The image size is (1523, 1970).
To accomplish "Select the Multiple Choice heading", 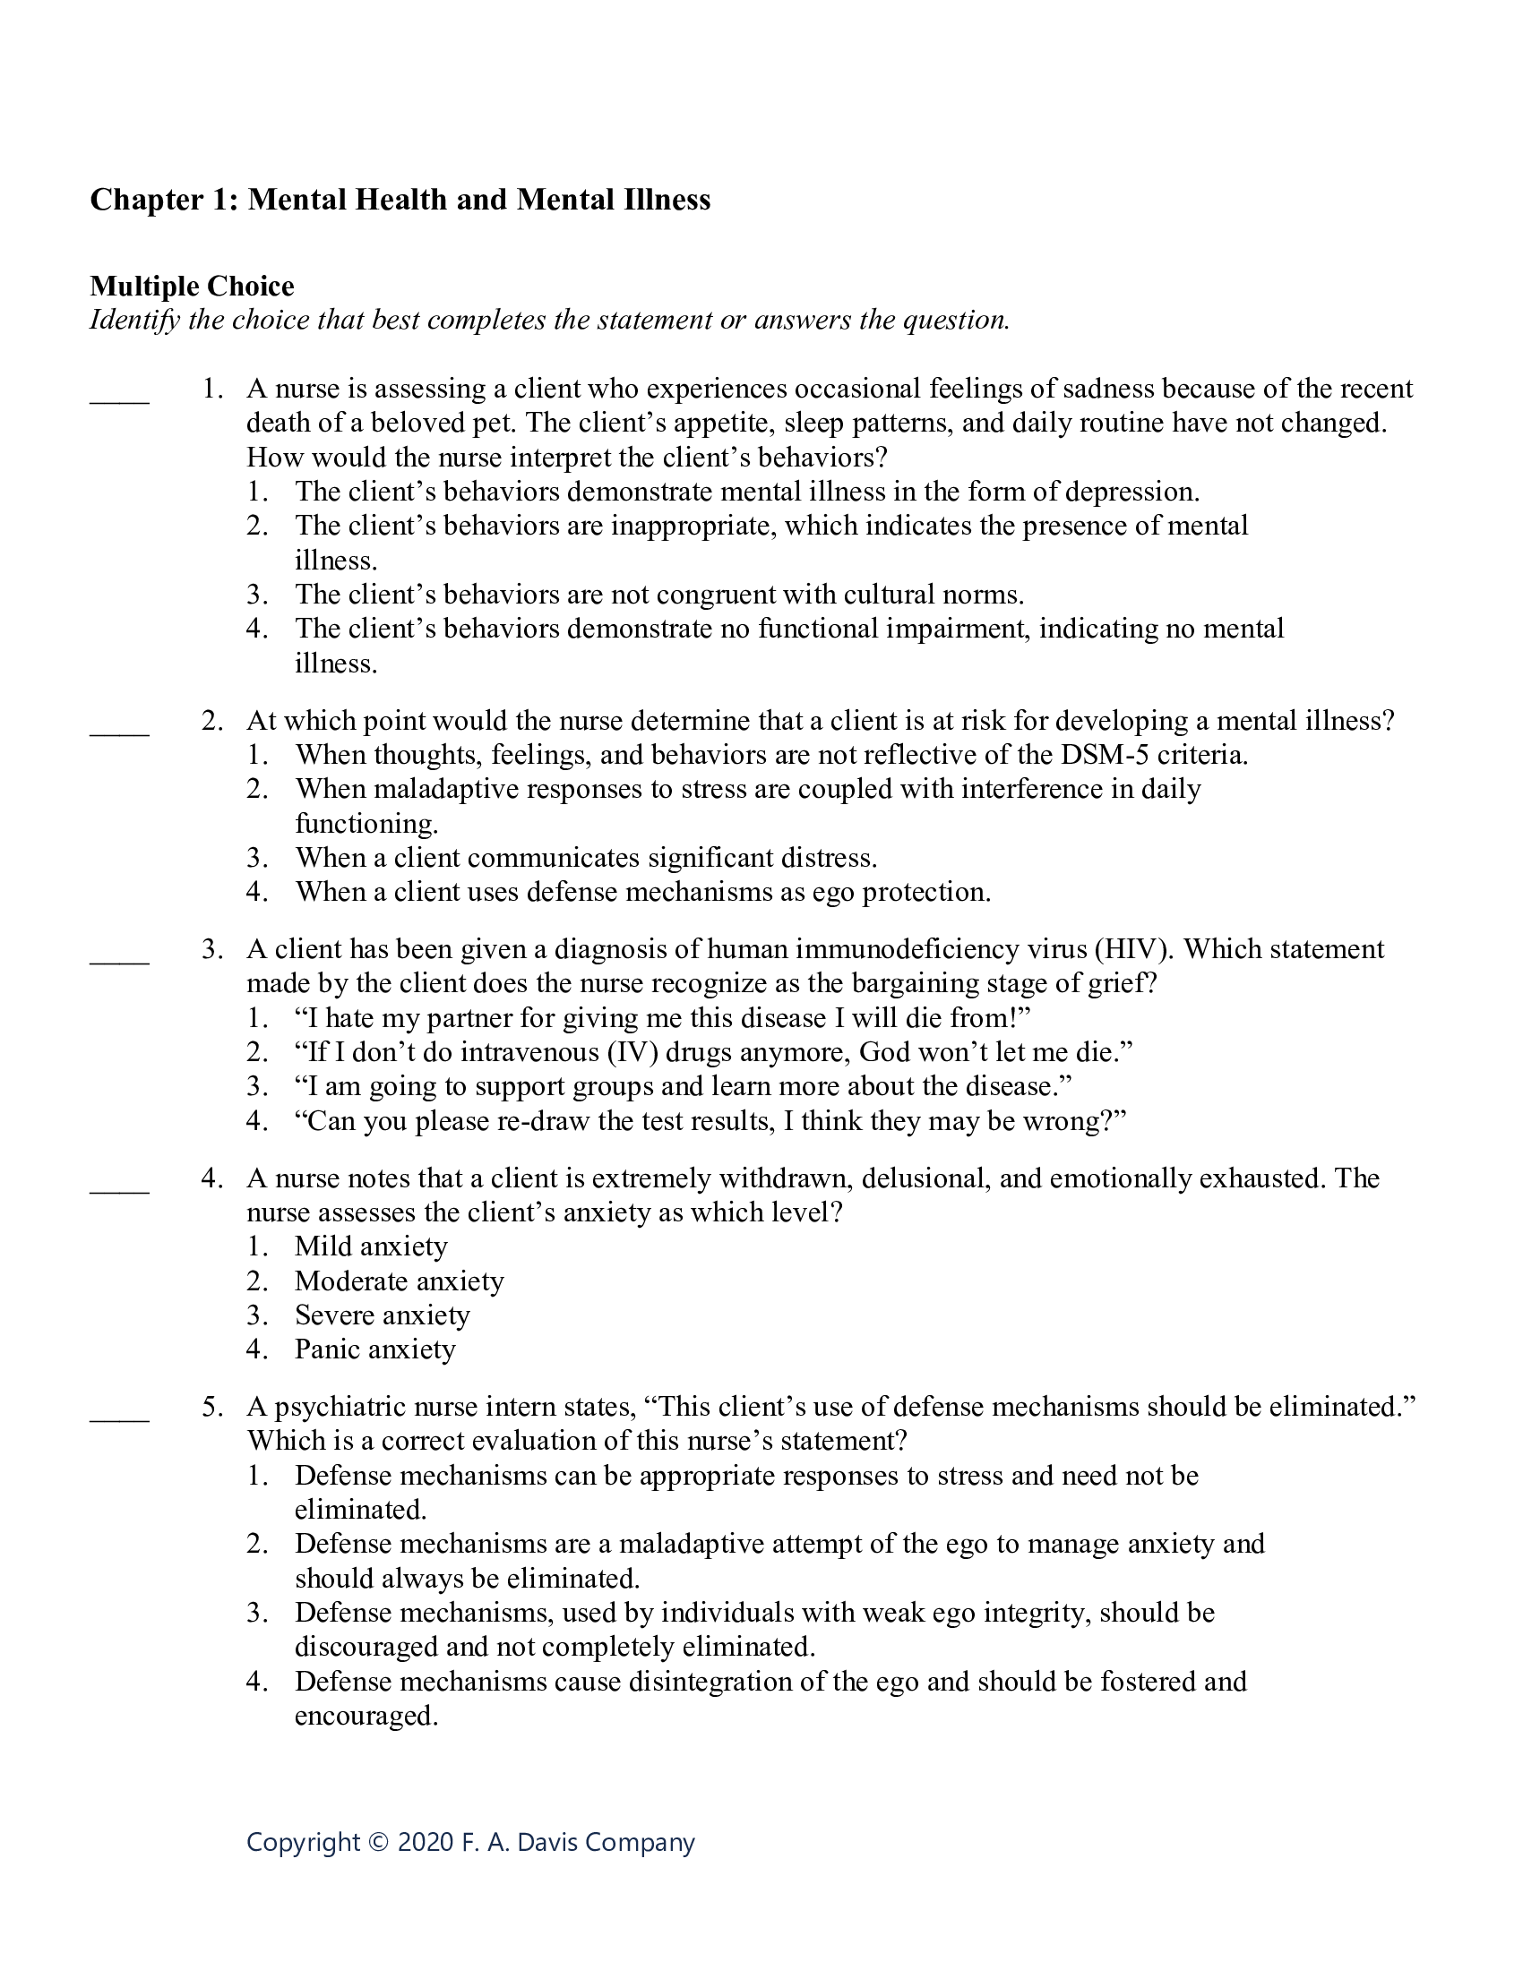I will [x=192, y=286].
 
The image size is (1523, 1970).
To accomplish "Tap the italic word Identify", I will [x=134, y=321].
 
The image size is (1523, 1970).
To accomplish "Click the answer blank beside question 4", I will [x=119, y=1191].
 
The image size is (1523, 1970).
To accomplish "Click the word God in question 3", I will [x=880, y=1052].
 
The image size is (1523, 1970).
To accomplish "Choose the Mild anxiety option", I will [x=371, y=1246].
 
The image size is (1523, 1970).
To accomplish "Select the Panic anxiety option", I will [x=374, y=1349].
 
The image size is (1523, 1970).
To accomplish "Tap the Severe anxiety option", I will [x=382, y=1315].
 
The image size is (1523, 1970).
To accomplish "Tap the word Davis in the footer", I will [x=544, y=1842].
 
